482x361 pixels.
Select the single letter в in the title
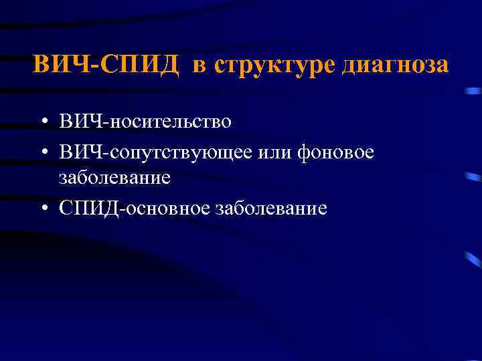(200, 66)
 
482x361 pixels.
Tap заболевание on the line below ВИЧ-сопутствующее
(114, 178)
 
